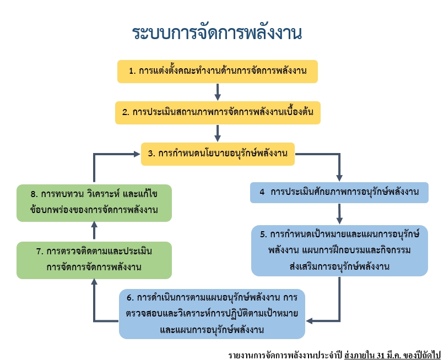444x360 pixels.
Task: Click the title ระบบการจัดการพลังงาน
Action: (217, 33)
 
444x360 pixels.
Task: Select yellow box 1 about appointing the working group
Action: (217, 72)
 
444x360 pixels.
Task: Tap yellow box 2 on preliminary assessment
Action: (218, 112)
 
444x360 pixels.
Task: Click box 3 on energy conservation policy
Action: (218, 154)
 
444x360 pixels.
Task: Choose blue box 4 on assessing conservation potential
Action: (339, 193)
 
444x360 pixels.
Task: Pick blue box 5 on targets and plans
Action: (339, 250)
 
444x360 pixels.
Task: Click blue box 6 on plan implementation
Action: (213, 313)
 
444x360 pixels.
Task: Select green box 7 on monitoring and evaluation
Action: (94, 260)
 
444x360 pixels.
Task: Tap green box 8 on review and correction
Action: (94, 202)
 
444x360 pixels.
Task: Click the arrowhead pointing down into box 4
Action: (339, 177)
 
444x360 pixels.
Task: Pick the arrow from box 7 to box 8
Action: (94, 231)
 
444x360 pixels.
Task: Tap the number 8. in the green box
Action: (34, 195)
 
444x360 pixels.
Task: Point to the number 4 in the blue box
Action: (262, 193)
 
